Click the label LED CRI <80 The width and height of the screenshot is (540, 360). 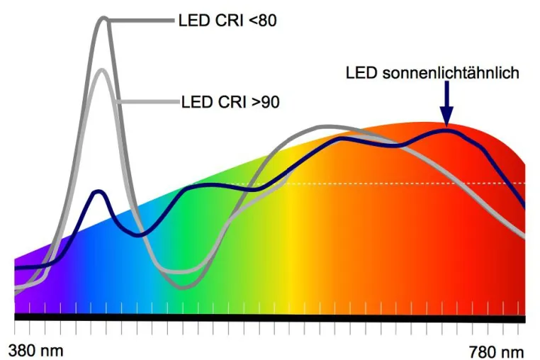227,21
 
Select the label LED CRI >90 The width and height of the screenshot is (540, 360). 230,102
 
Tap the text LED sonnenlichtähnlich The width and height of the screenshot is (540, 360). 432,73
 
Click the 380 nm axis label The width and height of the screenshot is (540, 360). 36,351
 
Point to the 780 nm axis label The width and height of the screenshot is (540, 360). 496,352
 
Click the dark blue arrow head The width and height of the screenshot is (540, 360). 446,116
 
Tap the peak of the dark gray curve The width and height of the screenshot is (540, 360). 104,18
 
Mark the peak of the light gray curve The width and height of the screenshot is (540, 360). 102,70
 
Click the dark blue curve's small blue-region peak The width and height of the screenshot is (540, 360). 99,191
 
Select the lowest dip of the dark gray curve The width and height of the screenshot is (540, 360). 184,287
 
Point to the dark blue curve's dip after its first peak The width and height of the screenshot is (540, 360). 137,235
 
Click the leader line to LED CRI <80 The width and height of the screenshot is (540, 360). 141,21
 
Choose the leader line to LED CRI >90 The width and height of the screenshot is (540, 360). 148,101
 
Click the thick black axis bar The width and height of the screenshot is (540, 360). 270,318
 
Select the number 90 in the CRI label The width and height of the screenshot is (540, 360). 270,102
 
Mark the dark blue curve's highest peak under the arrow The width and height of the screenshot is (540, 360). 448,131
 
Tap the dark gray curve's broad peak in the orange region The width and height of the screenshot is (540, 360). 327,127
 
